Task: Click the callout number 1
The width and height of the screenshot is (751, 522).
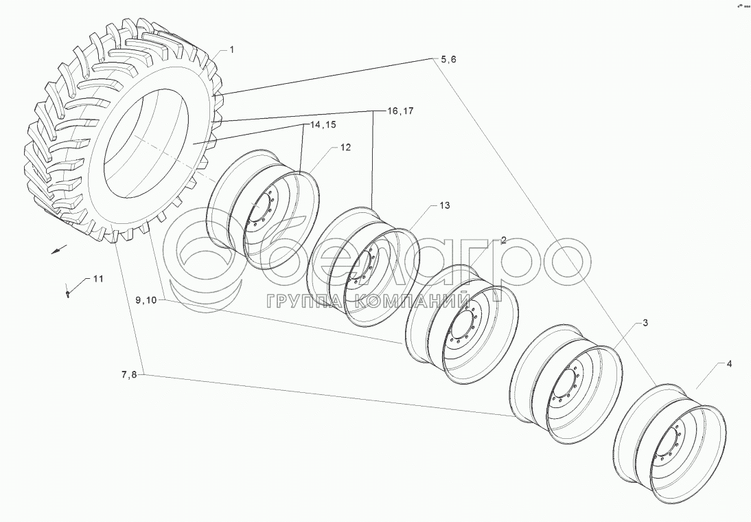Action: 231,50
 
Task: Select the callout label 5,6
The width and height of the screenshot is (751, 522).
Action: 449,60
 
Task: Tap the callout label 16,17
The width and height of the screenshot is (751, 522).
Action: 400,111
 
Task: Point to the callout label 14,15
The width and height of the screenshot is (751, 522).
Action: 322,125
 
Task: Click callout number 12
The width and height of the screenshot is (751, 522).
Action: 345,148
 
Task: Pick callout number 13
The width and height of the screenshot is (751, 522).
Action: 444,206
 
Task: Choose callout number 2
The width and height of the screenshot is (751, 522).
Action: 503,240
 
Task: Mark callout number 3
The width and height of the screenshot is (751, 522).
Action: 645,322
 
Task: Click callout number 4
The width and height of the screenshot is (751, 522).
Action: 729,365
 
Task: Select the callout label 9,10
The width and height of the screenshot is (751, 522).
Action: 146,300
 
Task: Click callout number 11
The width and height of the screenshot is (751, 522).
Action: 98,279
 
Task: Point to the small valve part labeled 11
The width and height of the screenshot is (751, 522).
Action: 69,293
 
